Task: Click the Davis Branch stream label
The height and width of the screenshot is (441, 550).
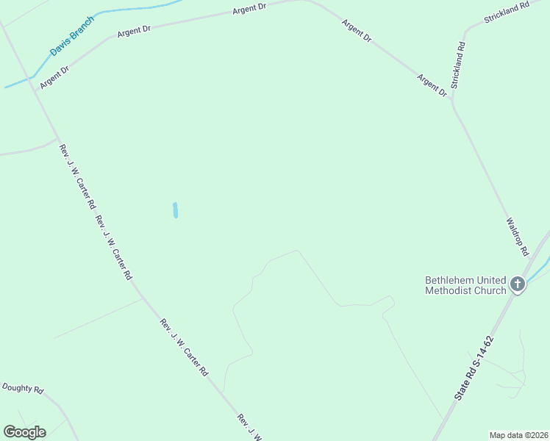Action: [72, 37]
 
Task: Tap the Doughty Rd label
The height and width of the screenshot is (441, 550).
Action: [23, 388]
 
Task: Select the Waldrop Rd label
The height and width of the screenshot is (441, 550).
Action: [517, 237]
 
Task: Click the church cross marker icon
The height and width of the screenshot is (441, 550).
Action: [518, 284]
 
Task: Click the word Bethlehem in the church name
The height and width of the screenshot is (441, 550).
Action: [449, 281]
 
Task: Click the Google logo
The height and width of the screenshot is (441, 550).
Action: [24, 432]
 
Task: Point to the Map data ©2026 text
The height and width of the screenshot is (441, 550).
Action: [519, 435]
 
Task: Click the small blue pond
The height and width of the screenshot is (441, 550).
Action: [175, 210]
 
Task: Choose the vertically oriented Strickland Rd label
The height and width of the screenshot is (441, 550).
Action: [458, 65]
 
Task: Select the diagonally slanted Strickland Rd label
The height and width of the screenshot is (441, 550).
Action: [507, 12]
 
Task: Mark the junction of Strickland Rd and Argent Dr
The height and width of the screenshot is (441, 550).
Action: [451, 100]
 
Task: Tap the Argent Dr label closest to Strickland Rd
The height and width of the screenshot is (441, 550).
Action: [432, 85]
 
